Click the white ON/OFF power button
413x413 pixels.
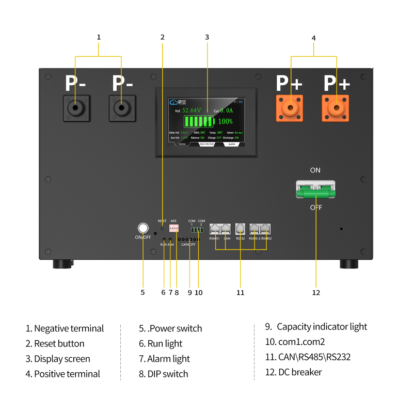142,228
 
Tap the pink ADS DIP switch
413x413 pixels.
174,228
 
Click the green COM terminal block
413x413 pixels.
196,230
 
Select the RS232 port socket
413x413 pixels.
241,229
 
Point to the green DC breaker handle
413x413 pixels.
315,194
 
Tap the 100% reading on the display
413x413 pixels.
225,121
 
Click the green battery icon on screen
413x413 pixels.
199,121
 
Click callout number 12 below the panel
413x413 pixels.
316,292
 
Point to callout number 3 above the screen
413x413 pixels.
206,37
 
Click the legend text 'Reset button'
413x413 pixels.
59,343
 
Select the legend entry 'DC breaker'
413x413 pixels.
299,372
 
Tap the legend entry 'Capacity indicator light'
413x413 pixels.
322,326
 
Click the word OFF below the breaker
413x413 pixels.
316,208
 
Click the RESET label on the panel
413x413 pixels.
162,220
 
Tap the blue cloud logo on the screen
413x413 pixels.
174,102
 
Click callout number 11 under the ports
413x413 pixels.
240,292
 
